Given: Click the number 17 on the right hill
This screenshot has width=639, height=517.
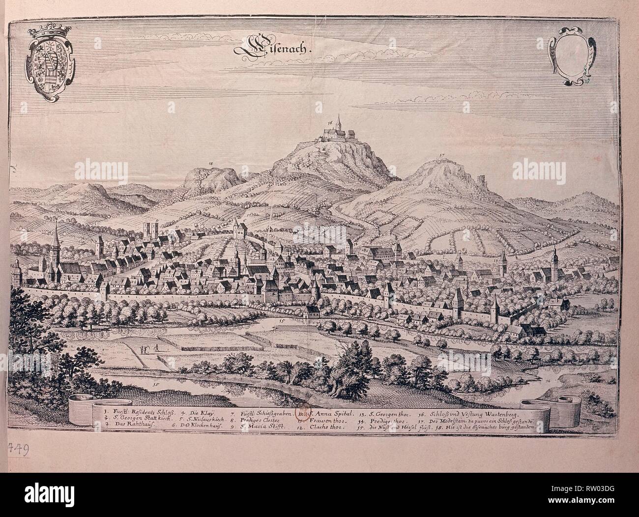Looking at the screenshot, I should [442, 156].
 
